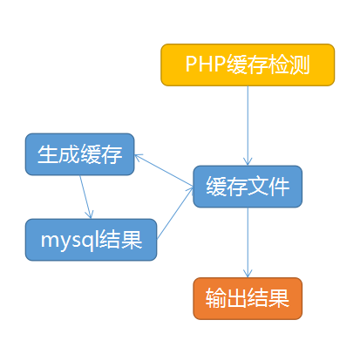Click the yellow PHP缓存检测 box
coord(248,65)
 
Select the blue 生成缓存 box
coord(80,154)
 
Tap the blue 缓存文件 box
coord(248,187)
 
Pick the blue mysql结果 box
coord(92,240)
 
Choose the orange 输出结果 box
coord(248,298)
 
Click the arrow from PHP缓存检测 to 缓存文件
coord(248,126)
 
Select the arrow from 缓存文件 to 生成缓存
coord(164,170)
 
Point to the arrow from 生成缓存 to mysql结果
coord(86,197)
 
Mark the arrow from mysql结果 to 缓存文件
coord(175,213)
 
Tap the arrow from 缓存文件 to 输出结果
coord(248,242)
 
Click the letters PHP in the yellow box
coord(206,64)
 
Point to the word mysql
coord(70,241)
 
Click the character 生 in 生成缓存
coord(48,154)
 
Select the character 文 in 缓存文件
coord(258,187)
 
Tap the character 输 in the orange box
coord(216,298)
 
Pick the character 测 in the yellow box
coord(299,65)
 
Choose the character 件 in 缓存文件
coord(279,187)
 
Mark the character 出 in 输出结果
coord(237,298)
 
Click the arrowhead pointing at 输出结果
coord(248,274)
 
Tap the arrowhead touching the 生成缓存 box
coord(139,157)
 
